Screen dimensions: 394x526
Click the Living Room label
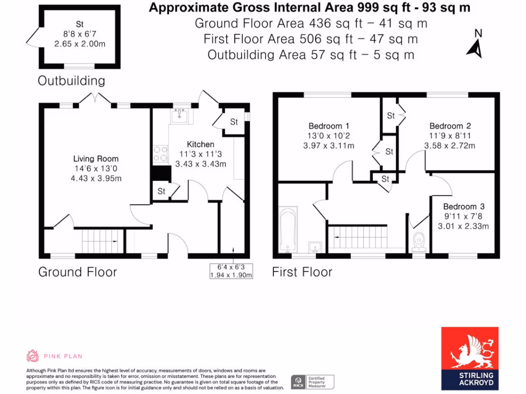point(96,159)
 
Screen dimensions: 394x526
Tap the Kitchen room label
point(200,145)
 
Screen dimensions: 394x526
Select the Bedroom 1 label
point(329,126)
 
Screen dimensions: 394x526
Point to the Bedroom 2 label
point(450,126)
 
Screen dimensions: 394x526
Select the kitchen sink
point(180,116)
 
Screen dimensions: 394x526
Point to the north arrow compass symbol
point(475,44)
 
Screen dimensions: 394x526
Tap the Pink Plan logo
point(54,356)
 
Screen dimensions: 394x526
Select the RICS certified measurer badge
point(313,382)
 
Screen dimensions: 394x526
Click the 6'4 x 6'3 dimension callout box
point(231,271)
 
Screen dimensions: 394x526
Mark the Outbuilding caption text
point(71,81)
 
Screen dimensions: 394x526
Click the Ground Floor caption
point(78,272)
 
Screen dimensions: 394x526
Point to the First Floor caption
point(302,272)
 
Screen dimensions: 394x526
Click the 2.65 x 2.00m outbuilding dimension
point(80,44)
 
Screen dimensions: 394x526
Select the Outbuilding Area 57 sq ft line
point(311,55)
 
